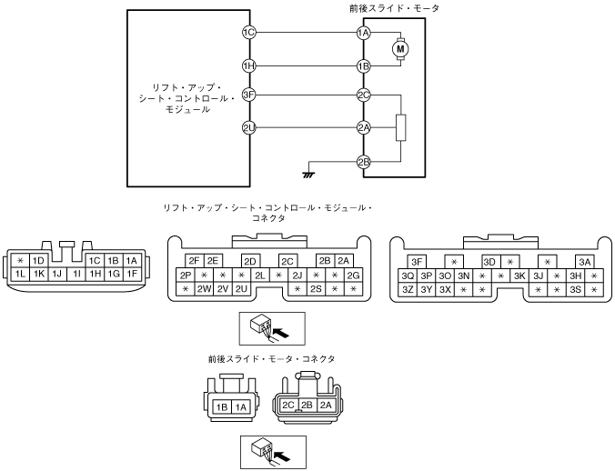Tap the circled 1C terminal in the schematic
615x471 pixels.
coord(248,33)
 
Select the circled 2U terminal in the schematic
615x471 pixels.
coord(248,128)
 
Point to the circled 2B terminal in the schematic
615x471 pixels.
coord(363,162)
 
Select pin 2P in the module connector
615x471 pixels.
coord(186,276)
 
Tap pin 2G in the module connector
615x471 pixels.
coord(354,276)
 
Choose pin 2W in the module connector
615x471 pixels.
coord(204,289)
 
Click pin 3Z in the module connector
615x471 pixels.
coord(408,289)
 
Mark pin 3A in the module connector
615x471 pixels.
coord(584,262)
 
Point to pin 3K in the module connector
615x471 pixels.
coord(519,276)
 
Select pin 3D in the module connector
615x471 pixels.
coord(489,262)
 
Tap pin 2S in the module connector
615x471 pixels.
coord(317,289)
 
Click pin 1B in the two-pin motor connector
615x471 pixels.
coord(221,407)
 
